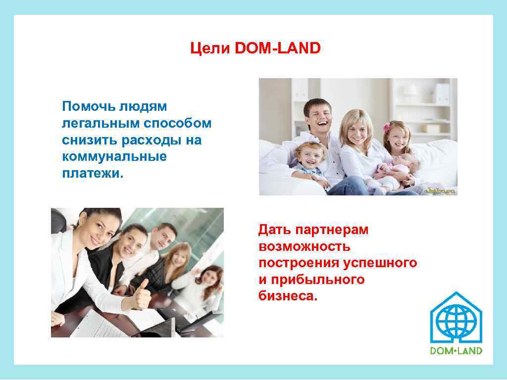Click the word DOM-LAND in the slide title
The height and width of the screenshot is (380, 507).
[278, 48]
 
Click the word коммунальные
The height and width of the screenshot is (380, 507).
[114, 157]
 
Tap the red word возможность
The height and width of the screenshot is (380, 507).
[304, 246]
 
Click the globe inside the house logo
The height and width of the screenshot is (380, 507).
[456, 322]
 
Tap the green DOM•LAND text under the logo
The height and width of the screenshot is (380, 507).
[456, 351]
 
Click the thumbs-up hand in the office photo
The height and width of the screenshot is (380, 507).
[142, 294]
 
